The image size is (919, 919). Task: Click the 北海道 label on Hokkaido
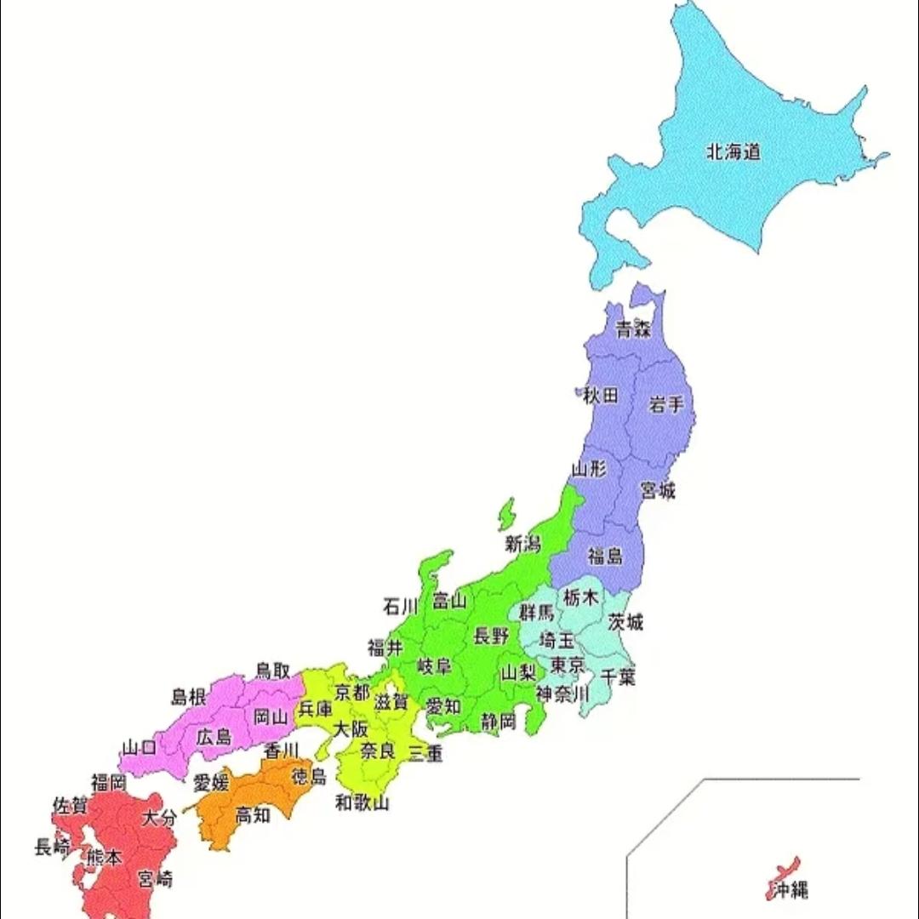(733, 153)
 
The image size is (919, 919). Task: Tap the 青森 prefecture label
(634, 330)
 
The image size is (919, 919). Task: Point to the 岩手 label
(665, 403)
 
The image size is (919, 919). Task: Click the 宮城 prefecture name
(658, 491)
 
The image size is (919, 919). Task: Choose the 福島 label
(605, 557)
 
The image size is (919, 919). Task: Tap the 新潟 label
(522, 544)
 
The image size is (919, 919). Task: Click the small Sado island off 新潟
(507, 513)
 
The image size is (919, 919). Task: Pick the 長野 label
(491, 635)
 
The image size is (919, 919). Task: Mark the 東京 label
(567, 665)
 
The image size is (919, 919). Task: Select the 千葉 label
(619, 676)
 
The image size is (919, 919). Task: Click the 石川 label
(401, 606)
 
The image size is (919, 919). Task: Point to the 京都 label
(351, 691)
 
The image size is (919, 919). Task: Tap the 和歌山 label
(362, 802)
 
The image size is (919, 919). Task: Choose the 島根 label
(189, 697)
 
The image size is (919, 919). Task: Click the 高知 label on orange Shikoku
(253, 814)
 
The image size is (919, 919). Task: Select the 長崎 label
(52, 848)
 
